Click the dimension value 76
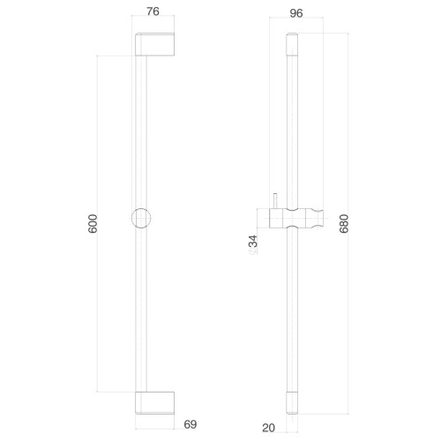point(153,11)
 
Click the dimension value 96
point(296,13)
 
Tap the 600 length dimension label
point(93,224)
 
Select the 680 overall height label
point(344,224)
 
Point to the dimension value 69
point(191,424)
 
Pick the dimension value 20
point(268,428)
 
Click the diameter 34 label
point(253,241)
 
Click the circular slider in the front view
point(141,218)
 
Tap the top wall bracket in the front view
point(154,44)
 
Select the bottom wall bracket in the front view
point(154,403)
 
